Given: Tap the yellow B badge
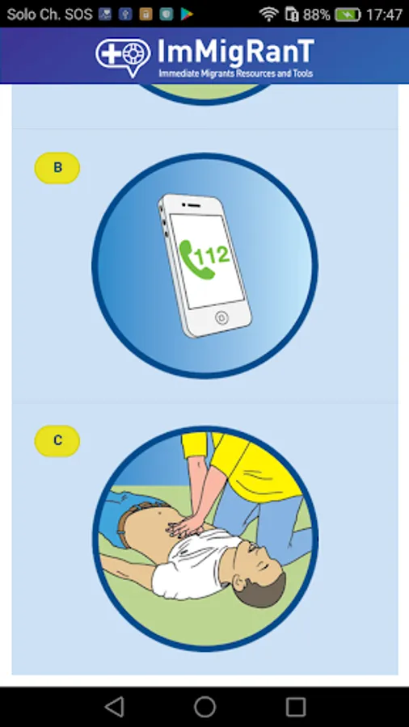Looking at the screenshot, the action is click(57, 168).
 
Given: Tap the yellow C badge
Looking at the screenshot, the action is click(57, 441).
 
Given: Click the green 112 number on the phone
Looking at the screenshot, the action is click(212, 256).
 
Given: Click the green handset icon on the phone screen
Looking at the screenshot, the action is click(192, 259).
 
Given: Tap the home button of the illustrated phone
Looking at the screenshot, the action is click(221, 318).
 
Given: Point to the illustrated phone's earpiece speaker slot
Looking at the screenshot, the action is click(191, 204).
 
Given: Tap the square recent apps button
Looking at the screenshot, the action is click(295, 707).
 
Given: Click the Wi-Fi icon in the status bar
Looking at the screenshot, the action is click(268, 14).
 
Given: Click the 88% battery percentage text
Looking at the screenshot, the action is click(316, 15).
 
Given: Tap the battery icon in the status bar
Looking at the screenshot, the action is click(348, 15).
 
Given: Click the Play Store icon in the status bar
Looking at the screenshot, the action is click(187, 15).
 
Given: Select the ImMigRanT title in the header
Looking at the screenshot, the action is click(235, 52).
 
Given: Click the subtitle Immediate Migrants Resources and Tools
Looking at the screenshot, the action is click(235, 74).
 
